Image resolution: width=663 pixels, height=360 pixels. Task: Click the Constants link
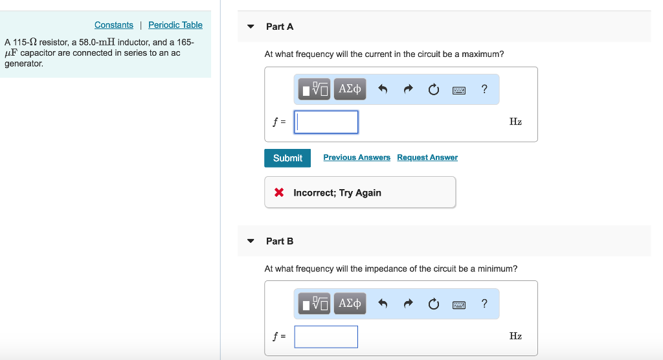pyautogui.click(x=113, y=25)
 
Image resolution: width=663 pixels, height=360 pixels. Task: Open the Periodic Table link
pyautogui.click(x=175, y=25)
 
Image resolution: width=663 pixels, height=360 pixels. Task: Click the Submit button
pyautogui.click(x=287, y=158)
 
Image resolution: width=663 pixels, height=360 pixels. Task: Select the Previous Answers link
pyautogui.click(x=357, y=157)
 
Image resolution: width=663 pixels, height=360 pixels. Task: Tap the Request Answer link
pyautogui.click(x=427, y=157)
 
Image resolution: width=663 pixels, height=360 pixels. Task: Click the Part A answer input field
pyautogui.click(x=326, y=122)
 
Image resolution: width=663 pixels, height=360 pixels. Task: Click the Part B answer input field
pyautogui.click(x=326, y=336)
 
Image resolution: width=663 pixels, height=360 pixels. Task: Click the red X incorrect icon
pyautogui.click(x=278, y=192)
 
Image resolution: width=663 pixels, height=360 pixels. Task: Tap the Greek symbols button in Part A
pyautogui.click(x=350, y=89)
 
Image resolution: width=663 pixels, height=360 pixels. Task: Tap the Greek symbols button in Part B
pyautogui.click(x=350, y=303)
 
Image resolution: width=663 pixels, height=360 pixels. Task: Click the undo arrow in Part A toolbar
pyautogui.click(x=383, y=89)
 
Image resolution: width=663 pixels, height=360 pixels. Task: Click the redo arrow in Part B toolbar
pyautogui.click(x=408, y=304)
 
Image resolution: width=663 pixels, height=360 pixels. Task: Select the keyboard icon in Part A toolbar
pyautogui.click(x=459, y=90)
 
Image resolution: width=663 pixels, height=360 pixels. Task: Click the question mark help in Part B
pyautogui.click(x=484, y=304)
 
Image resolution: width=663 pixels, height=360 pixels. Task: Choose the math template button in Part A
pyautogui.click(x=315, y=89)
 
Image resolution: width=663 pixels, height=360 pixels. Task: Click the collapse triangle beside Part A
pyautogui.click(x=251, y=27)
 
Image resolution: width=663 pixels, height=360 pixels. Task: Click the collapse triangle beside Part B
pyautogui.click(x=251, y=241)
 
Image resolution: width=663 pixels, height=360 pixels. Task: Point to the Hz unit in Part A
pyautogui.click(x=515, y=122)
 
